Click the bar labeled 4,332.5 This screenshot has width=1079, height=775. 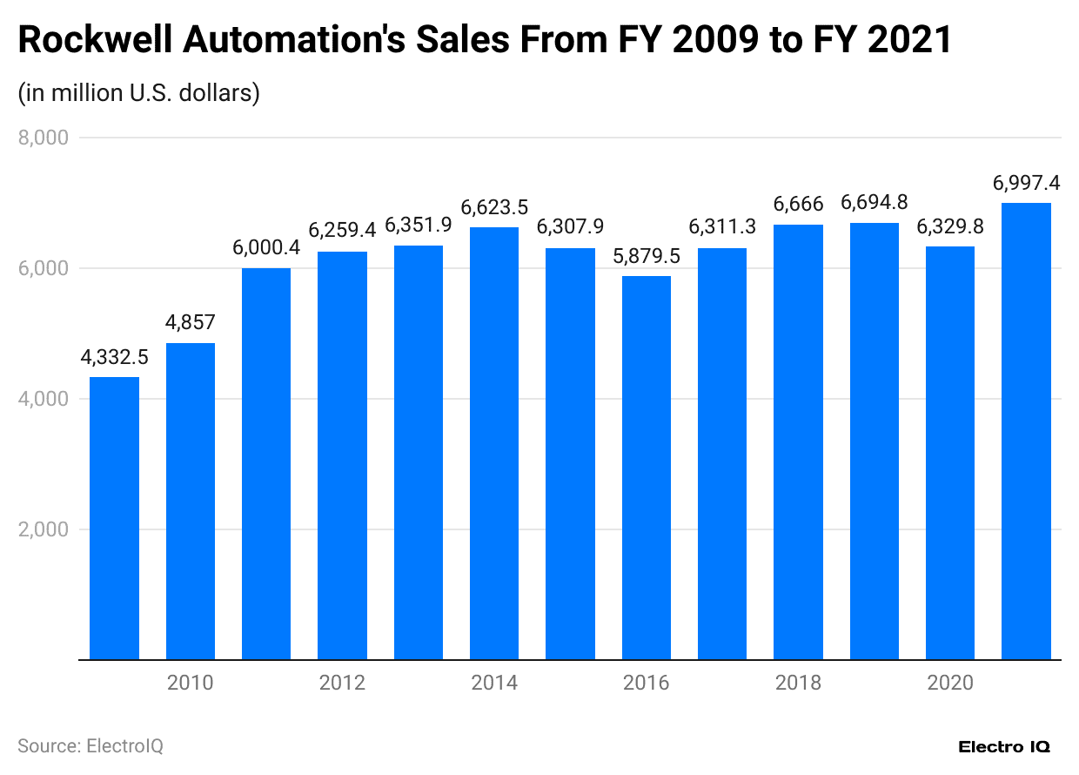point(114,518)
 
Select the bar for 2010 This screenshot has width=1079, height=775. point(190,502)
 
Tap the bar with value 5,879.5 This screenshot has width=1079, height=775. point(646,468)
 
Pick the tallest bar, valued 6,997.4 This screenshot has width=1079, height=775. point(1026,431)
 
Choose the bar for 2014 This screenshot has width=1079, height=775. point(493,443)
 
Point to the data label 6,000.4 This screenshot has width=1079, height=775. point(266,247)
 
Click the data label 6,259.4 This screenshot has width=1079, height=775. point(342,231)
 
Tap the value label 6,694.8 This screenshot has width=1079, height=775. point(874,202)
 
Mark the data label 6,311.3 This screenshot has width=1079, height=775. point(722,227)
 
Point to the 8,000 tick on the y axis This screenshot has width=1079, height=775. point(43,138)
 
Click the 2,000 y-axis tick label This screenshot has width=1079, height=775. point(43,529)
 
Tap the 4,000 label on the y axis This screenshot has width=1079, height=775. point(43,399)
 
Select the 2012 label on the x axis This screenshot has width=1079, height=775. point(342,683)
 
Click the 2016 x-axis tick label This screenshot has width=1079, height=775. point(646,683)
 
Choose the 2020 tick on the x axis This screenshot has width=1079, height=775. point(950,683)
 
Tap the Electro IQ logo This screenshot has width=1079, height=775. point(1003,747)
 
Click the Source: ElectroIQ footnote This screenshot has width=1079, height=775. point(90,746)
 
